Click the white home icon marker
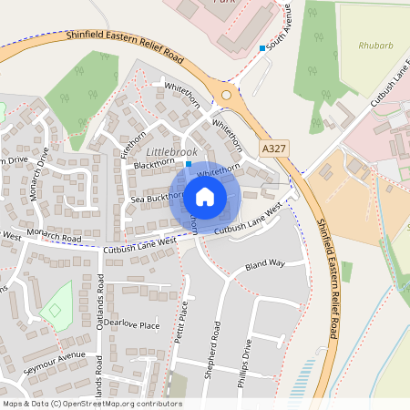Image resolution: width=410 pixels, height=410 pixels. pos(205,196)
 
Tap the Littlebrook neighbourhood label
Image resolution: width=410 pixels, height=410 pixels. pos(172,151)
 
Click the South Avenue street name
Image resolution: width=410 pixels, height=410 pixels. pos(288,27)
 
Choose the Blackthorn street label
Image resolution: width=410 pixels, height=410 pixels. pos(153,165)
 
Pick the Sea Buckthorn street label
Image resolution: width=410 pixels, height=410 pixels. pos(157,197)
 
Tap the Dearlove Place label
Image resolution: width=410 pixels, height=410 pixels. pos(131,324)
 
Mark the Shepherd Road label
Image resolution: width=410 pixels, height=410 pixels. pos(216,344)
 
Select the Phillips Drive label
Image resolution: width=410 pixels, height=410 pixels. pos(244,364)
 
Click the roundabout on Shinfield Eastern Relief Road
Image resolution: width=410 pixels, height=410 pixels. pos(226,93)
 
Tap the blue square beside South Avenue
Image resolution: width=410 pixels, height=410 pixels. pos(262,47)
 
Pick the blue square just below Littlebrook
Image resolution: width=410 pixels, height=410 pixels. pos(188,164)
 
